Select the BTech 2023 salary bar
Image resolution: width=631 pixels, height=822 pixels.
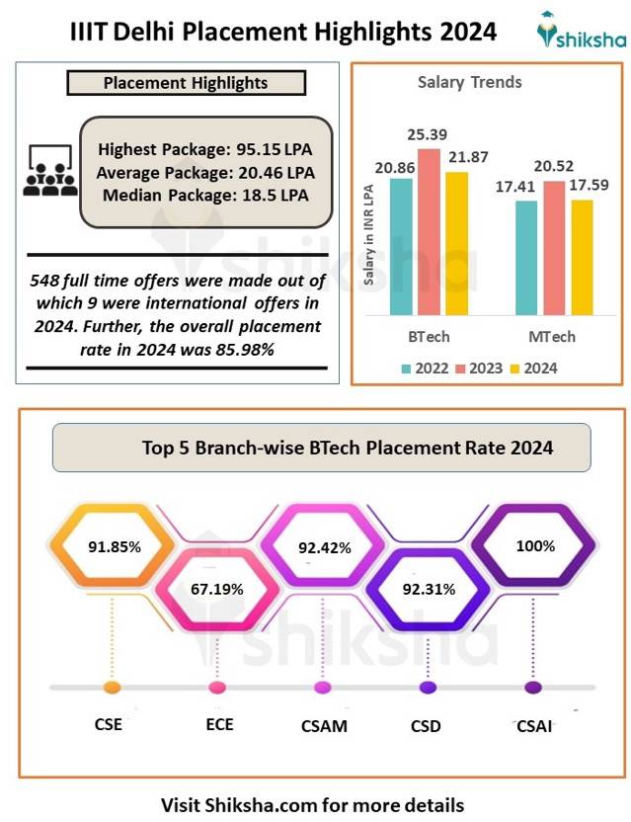[429, 232]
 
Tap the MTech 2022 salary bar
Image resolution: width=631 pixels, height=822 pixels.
[527, 258]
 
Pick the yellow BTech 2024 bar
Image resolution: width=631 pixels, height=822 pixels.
[456, 243]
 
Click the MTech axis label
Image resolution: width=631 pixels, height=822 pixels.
[551, 337]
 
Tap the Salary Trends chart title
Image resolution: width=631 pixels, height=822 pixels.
[469, 82]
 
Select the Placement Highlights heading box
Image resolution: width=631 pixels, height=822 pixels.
[186, 83]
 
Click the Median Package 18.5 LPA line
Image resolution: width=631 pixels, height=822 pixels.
[205, 195]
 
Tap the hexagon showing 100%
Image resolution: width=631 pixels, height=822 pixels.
[534, 545]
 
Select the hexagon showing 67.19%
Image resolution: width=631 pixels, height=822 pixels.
[217, 589]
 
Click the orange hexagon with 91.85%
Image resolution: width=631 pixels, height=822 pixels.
[112, 545]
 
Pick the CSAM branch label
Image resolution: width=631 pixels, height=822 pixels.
[324, 726]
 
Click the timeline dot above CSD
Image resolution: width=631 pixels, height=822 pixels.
[427, 688]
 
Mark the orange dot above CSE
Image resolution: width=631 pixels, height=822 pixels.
[112, 688]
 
